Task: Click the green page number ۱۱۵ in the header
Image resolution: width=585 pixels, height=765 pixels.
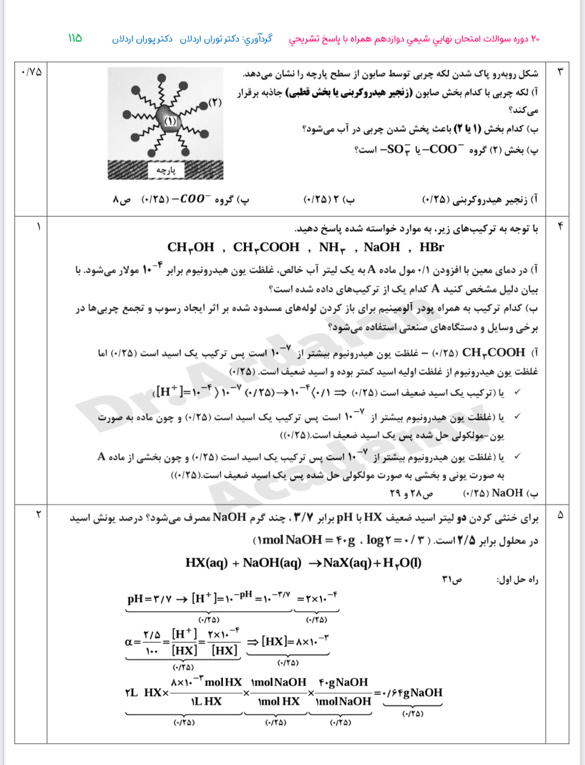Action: [75, 39]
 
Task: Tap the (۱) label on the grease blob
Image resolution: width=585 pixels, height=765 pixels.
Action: [170, 121]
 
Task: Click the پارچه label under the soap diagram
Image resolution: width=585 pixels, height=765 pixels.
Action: [165, 171]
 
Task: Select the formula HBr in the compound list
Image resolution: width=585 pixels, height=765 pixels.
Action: [431, 247]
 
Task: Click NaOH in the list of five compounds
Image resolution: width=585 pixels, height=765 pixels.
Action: [382, 247]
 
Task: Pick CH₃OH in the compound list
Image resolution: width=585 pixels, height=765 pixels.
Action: [190, 247]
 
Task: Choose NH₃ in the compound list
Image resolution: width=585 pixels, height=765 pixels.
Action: [332, 247]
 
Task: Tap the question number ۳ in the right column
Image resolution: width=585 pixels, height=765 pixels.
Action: [560, 72]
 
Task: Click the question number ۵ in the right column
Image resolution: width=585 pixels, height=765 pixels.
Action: [560, 515]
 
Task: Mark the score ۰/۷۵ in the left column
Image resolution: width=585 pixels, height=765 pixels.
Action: [31, 72]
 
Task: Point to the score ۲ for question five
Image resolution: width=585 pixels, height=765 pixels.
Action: [38, 514]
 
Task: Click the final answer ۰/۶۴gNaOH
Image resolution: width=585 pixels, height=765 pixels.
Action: [412, 693]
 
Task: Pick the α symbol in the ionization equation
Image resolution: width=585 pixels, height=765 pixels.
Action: [129, 642]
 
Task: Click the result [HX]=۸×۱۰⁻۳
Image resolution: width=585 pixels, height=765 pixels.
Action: [294, 641]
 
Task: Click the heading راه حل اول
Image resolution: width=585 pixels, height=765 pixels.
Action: [517, 580]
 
